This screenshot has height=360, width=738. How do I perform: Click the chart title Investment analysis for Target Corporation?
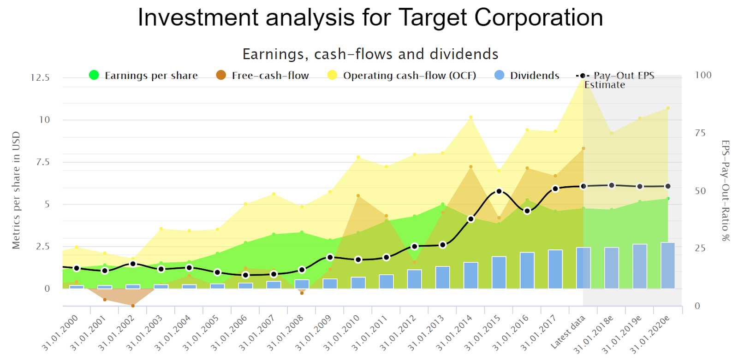pyautogui.click(x=370, y=18)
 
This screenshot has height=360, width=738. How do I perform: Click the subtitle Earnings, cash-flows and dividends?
pyautogui.click(x=370, y=54)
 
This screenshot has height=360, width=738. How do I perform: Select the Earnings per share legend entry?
pyautogui.click(x=143, y=76)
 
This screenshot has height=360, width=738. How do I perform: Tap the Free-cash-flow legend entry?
pyautogui.click(x=262, y=76)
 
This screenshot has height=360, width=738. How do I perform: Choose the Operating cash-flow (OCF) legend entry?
pyautogui.click(x=402, y=76)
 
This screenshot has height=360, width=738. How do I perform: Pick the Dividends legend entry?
pyautogui.click(x=527, y=76)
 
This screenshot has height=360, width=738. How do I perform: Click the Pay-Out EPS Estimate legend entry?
pyautogui.click(x=616, y=80)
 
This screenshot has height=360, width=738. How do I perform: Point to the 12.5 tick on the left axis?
pyautogui.click(x=40, y=77)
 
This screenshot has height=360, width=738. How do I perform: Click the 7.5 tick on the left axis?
pyautogui.click(x=43, y=162)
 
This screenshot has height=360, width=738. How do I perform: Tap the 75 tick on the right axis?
pyautogui.click(x=700, y=133)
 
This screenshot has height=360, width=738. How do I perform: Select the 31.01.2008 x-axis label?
pyautogui.click(x=286, y=332)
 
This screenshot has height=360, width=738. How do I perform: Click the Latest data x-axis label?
pyautogui.click(x=568, y=331)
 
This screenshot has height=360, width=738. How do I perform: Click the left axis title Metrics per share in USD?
pyautogui.click(x=16, y=190)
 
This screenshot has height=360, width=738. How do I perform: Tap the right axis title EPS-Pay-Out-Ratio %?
pyautogui.click(x=726, y=190)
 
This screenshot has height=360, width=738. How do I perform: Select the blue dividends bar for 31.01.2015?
pyautogui.click(x=499, y=272)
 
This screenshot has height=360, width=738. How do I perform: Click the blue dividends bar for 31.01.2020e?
pyautogui.click(x=668, y=266)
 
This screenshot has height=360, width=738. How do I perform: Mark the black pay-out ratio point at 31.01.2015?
pyautogui.click(x=499, y=191)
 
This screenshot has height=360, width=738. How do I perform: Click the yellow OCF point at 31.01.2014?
pyautogui.click(x=471, y=118)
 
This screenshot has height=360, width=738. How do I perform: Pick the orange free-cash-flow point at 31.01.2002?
pyautogui.click(x=133, y=306)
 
